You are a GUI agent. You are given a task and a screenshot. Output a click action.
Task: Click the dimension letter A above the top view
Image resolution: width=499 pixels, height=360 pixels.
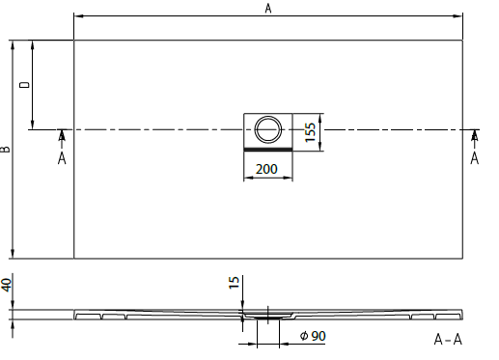click(x=268, y=8)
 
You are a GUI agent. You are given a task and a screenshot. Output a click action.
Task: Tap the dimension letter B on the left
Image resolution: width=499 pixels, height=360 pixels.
click(x=6, y=150)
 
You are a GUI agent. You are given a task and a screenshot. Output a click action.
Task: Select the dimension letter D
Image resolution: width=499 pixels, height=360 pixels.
click(x=25, y=85)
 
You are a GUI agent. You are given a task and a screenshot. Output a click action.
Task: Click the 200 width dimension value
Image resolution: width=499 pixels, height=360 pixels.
click(x=266, y=169)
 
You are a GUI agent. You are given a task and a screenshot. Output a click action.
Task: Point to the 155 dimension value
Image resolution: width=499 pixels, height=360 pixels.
click(x=310, y=132)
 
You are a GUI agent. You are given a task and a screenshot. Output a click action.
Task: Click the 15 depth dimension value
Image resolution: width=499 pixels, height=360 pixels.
click(x=235, y=283)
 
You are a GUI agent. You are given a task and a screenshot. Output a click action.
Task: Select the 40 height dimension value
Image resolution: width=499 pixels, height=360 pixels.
click(x=7, y=285)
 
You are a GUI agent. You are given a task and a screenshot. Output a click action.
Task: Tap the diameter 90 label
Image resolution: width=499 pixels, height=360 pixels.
click(x=313, y=336)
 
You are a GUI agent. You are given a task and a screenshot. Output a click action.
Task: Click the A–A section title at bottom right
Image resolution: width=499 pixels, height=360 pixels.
click(x=448, y=340)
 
